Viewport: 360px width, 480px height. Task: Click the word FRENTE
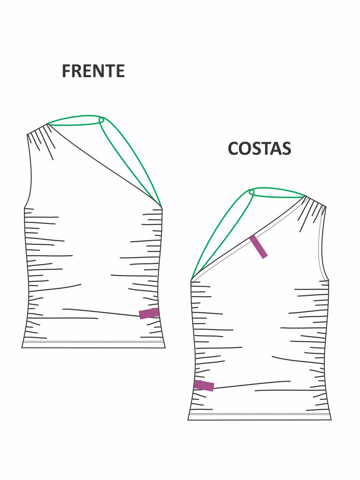pyautogui.click(x=93, y=71)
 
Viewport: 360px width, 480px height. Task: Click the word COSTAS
pyautogui.click(x=259, y=149)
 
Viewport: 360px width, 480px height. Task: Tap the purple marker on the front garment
pyautogui.click(x=149, y=313)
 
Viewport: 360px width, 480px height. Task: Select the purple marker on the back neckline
pyautogui.click(x=258, y=246)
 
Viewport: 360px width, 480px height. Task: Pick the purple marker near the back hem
pyautogui.click(x=204, y=385)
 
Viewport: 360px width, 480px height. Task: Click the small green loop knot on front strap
pyautogui.click(x=102, y=120)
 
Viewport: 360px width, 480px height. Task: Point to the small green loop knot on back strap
pyautogui.click(x=251, y=192)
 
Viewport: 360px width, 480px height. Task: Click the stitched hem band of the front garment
pyautogui.click(x=93, y=344)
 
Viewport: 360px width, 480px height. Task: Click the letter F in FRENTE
pyautogui.click(x=66, y=71)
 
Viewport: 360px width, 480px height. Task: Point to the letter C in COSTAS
pyautogui.click(x=234, y=149)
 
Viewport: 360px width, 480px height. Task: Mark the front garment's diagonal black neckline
pyautogui.click(x=106, y=166)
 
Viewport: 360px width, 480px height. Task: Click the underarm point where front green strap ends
pyautogui.click(x=161, y=208)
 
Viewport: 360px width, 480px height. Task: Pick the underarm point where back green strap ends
pyautogui.click(x=191, y=280)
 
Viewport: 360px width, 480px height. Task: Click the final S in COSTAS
pyautogui.click(x=286, y=149)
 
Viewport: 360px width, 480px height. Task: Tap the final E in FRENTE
pyautogui.click(x=119, y=71)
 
